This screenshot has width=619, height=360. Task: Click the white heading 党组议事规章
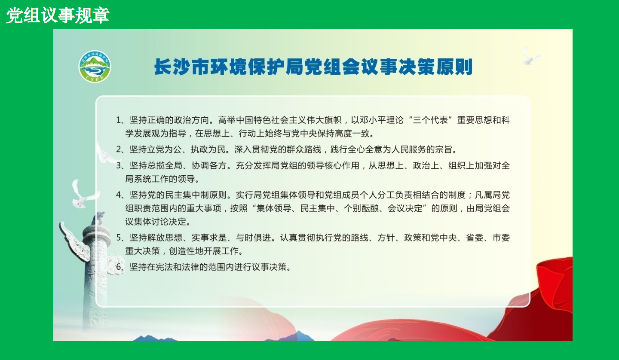coord(58,16)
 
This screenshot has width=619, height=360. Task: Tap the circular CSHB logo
coord(95,67)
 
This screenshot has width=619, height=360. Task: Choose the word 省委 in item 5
coord(475,238)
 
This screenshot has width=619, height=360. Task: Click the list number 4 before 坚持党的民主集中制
coord(119,195)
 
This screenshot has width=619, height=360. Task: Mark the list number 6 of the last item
coord(119,267)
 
